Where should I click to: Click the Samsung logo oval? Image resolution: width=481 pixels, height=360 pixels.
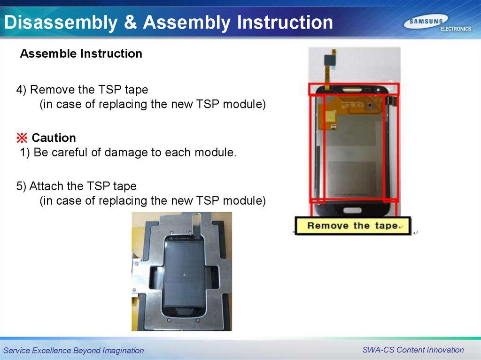click(x=426, y=22)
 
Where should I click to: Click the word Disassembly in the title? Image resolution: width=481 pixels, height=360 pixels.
click(x=61, y=23)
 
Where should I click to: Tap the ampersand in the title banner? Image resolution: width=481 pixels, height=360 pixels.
click(x=131, y=22)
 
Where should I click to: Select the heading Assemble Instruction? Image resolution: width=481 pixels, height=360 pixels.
click(x=81, y=54)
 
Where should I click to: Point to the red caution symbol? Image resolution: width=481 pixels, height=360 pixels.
click(x=22, y=138)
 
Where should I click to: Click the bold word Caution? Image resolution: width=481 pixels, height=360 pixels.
click(x=54, y=138)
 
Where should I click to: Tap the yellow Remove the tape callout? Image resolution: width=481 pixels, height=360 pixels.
click(x=352, y=226)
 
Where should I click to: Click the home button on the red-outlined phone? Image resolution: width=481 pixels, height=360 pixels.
click(x=353, y=210)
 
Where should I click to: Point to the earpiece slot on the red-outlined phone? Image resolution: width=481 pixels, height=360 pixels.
click(x=352, y=90)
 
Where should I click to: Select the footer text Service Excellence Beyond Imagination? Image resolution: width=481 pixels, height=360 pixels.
click(x=74, y=351)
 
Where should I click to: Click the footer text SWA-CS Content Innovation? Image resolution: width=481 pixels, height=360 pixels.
click(x=413, y=350)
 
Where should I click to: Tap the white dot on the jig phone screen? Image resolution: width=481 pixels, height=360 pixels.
click(x=184, y=275)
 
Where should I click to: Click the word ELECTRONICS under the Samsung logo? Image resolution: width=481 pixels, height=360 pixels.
click(x=456, y=29)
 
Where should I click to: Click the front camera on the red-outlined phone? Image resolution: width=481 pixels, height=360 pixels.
click(x=379, y=90)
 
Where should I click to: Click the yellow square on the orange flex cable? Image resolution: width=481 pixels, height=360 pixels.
click(x=330, y=116)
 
